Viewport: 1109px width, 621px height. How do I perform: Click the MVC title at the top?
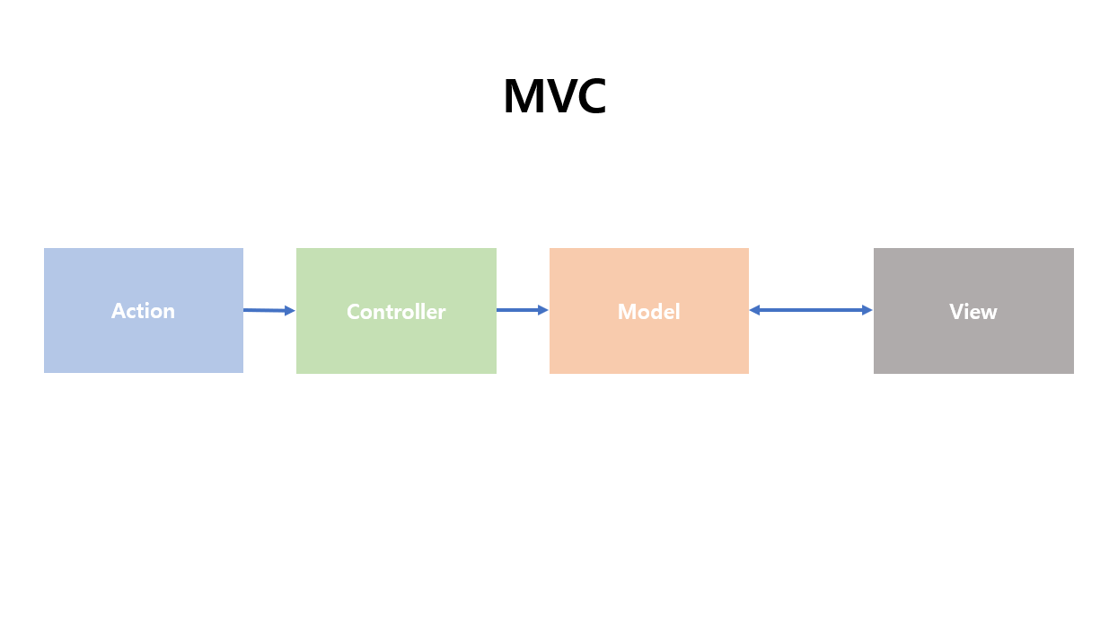click(x=554, y=97)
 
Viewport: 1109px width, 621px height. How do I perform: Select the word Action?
click(x=143, y=311)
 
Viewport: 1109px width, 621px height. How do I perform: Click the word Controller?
click(x=396, y=312)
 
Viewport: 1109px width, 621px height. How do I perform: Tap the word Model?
click(x=648, y=312)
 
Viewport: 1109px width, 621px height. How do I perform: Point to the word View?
click(x=973, y=312)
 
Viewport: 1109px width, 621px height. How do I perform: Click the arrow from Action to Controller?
click(x=268, y=310)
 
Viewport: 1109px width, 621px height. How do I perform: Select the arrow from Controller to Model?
click(x=521, y=310)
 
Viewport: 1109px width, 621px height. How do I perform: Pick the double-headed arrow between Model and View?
click(x=811, y=310)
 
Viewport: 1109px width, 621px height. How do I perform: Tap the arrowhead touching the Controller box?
click(x=290, y=311)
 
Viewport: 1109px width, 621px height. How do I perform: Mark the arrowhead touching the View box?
click(x=867, y=310)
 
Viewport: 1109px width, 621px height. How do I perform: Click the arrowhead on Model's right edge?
click(x=755, y=310)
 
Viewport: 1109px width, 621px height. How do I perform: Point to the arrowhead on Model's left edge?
click(x=543, y=310)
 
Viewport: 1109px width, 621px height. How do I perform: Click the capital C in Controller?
click(x=353, y=312)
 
